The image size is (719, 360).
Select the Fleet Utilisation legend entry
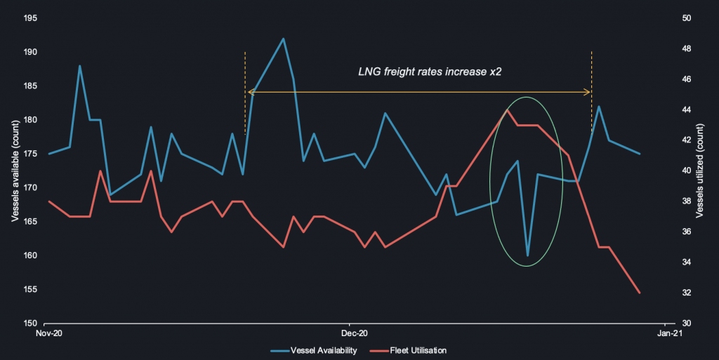pyautogui.click(x=417, y=350)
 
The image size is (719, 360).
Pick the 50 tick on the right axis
pyautogui.click(x=687, y=18)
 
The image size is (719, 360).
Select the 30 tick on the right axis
pyautogui.click(x=687, y=324)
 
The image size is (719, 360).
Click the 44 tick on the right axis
pyautogui.click(x=687, y=110)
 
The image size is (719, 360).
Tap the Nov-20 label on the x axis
pyautogui.click(x=48, y=333)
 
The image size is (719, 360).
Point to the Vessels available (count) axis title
pyautogui.click(x=15, y=171)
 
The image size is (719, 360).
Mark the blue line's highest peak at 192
pyautogui.click(x=283, y=39)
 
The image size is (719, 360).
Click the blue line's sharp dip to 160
pyautogui.click(x=527, y=255)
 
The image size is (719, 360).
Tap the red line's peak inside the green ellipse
pyautogui.click(x=507, y=110)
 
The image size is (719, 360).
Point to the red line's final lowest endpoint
pyautogui.click(x=640, y=293)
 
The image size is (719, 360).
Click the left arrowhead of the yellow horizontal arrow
pyautogui.click(x=249, y=92)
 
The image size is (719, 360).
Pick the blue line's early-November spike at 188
pyautogui.click(x=79, y=66)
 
